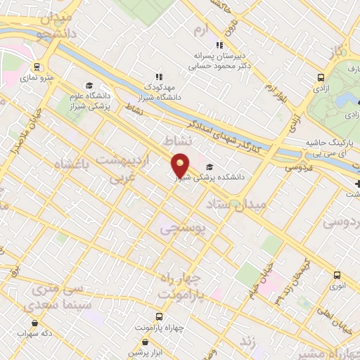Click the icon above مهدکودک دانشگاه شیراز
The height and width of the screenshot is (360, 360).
point(159,77)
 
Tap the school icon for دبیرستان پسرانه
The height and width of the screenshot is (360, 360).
point(219,45)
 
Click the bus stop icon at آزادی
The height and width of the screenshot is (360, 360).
point(321,79)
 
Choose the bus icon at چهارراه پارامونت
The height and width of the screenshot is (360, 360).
point(160,316)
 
